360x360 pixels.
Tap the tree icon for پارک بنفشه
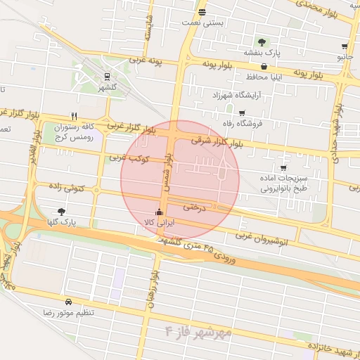[x=262, y=42]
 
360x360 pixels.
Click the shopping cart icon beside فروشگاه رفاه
[x=243, y=113]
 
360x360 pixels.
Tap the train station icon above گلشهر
[x=106, y=77]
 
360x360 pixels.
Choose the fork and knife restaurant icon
[x=74, y=116]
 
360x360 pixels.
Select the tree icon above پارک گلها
[x=61, y=211]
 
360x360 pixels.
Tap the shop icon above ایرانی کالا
[x=158, y=212]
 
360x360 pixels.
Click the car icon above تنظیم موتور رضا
[x=68, y=300]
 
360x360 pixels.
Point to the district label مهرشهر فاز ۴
[x=198, y=331]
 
